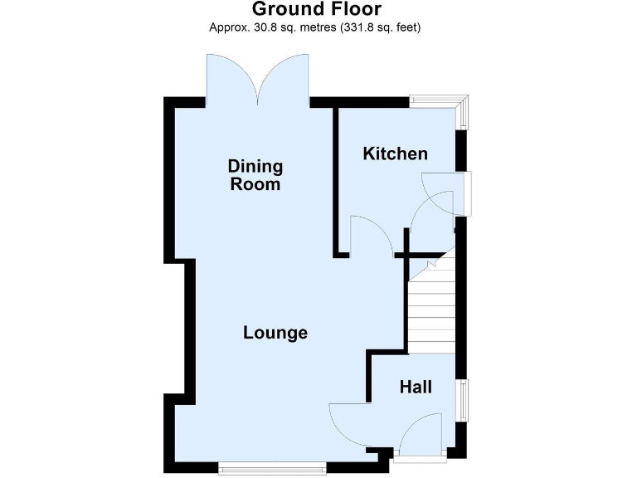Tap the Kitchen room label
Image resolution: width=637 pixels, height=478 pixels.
point(396,154)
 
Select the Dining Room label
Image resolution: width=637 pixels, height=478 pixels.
point(255,175)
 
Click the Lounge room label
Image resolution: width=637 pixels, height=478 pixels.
point(275,333)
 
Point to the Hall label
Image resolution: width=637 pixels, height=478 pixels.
point(416,386)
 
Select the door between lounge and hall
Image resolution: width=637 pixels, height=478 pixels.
point(348,423)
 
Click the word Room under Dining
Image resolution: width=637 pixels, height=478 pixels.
point(255,184)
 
